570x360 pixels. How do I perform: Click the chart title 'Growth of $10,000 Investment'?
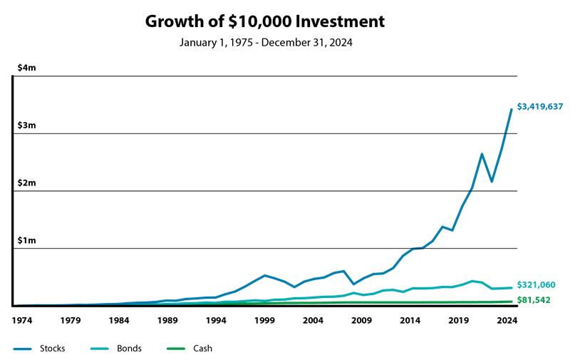(265, 21)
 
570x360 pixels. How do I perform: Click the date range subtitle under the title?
(265, 43)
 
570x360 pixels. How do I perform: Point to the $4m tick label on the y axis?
(27, 68)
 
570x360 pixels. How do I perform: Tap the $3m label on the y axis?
(27, 125)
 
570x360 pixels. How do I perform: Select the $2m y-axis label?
(27, 183)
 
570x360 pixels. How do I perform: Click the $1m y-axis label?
(27, 241)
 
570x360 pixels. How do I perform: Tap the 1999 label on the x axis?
(264, 320)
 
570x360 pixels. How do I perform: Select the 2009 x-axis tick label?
(361, 320)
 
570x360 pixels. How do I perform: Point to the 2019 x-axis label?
(457, 320)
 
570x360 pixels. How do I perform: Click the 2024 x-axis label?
(506, 320)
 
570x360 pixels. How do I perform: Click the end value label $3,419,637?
(540, 107)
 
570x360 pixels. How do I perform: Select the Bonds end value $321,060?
(536, 285)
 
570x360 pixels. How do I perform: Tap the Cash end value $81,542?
(534, 301)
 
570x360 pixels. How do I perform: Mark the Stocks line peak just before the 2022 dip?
(482, 154)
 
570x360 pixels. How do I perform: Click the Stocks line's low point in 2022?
(492, 181)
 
